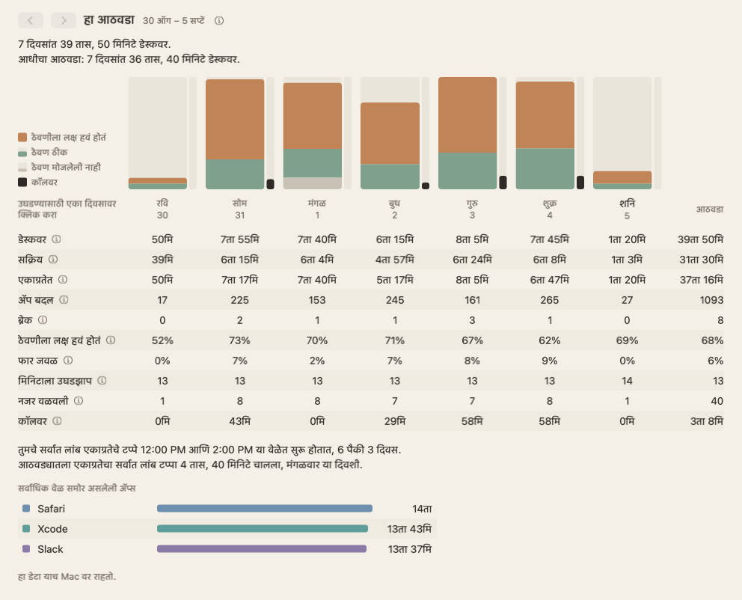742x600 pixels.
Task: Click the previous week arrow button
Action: point(30,20)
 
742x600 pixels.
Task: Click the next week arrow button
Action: point(64,20)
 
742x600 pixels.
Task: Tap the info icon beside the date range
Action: point(219,21)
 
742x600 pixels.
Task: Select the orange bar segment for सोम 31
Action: point(235,119)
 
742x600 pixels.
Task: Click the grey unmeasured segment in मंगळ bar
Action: point(313,183)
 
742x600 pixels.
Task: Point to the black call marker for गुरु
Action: point(503,183)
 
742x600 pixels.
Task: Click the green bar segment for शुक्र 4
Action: point(545,169)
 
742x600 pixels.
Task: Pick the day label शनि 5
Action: point(627,209)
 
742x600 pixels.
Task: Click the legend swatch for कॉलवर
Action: point(22,183)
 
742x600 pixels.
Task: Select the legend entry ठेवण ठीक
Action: point(49,152)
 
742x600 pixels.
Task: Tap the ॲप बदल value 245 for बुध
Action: point(395,300)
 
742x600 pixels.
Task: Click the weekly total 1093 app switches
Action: point(712,300)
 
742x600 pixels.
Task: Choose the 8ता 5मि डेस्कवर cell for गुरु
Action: point(472,239)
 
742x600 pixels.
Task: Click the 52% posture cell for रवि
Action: point(162,340)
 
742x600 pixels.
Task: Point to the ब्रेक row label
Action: point(25,320)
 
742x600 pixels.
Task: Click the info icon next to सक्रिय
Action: point(53,260)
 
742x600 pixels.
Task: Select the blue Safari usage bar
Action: point(265,509)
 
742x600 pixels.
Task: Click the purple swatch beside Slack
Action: point(26,549)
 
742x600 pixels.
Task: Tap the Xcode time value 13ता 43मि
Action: point(409,529)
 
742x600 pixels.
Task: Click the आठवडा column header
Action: point(709,209)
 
